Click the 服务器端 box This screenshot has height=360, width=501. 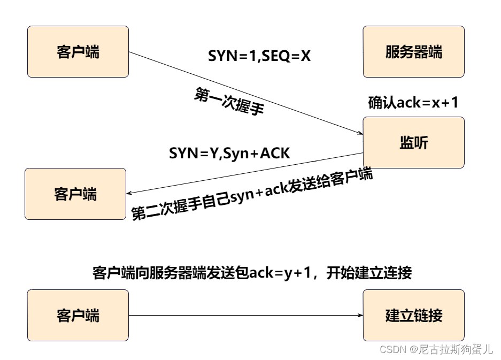413,52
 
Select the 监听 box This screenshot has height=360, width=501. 413,142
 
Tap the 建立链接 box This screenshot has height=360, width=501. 413,315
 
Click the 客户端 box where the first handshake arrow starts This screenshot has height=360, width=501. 78,52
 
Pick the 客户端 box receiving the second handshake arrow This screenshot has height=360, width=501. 75,194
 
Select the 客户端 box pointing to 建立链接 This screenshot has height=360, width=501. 78,315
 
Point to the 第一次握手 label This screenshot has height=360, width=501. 229,102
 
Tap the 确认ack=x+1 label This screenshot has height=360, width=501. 413,103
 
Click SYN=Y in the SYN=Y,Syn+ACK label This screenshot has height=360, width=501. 192,154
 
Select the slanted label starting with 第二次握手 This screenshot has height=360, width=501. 252,195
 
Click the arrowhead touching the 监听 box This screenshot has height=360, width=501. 359,133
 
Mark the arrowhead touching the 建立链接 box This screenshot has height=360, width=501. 359,316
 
